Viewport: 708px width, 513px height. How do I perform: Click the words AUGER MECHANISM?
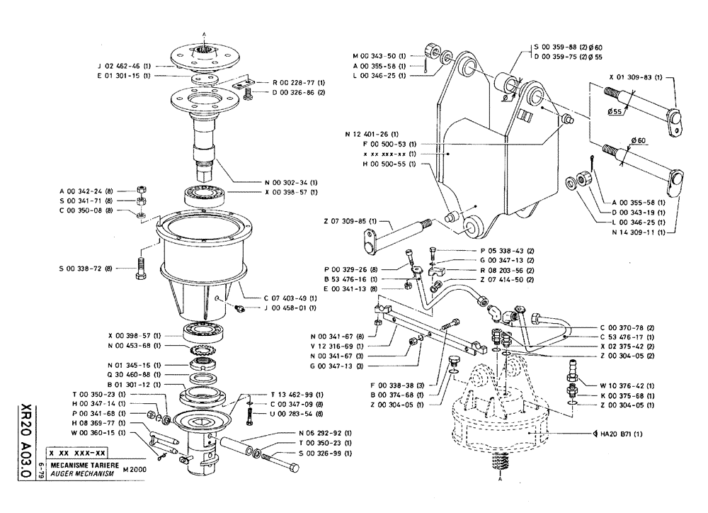tap(78, 472)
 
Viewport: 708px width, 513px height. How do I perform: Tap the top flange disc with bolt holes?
tap(205, 53)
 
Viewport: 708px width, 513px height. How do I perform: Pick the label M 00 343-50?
tap(379, 55)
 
